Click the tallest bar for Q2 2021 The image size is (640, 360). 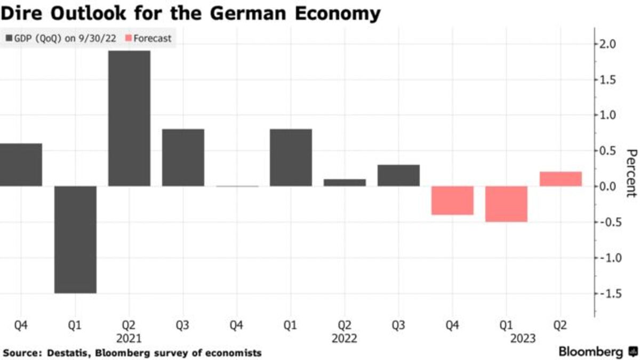click(x=129, y=118)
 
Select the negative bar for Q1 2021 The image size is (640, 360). click(x=75, y=239)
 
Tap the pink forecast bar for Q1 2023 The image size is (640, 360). click(x=506, y=204)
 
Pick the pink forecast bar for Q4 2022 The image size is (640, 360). click(x=452, y=200)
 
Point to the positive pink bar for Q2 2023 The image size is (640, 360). click(x=561, y=179)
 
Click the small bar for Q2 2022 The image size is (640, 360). click(x=345, y=182)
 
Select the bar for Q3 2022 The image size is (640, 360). click(x=398, y=175)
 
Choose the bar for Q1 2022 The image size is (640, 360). click(x=291, y=157)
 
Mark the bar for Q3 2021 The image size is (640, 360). click(x=183, y=157)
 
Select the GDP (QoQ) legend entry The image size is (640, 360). click(x=62, y=38)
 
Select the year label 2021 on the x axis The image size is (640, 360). click(x=129, y=338)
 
